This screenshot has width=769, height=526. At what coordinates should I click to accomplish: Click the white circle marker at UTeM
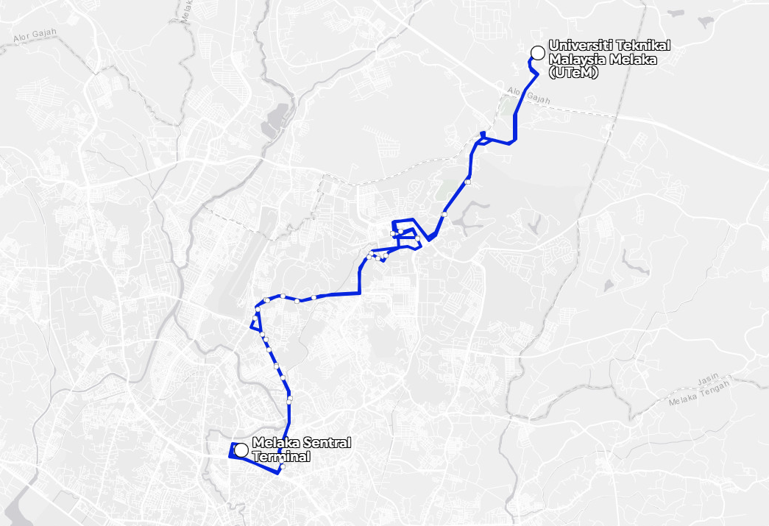(537, 51)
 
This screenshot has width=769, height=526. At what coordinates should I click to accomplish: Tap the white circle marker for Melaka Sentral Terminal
(241, 449)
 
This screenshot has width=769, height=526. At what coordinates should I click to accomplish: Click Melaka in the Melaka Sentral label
(274, 443)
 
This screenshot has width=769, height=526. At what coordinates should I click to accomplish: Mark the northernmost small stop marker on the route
(467, 181)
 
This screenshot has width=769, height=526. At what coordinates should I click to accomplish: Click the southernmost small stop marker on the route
(282, 466)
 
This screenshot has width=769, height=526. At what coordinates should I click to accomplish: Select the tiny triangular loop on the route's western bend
(257, 323)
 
